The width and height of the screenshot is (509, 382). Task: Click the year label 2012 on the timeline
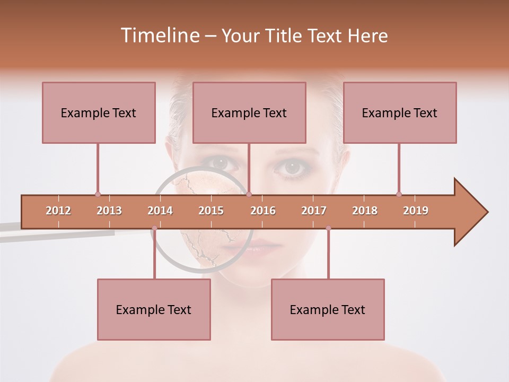click(x=58, y=211)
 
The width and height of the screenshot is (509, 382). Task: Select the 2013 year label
click(x=109, y=211)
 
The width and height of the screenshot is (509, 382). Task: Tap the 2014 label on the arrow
click(x=160, y=211)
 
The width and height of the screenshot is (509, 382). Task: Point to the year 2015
click(x=211, y=211)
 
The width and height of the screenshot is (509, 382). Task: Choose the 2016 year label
click(x=263, y=211)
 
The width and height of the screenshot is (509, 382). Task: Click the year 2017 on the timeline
click(x=314, y=211)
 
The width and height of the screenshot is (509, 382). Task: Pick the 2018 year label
click(x=365, y=211)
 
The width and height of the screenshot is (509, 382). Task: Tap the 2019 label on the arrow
click(x=416, y=211)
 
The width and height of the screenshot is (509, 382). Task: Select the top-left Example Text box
click(x=99, y=112)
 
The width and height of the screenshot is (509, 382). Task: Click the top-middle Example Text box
click(x=249, y=112)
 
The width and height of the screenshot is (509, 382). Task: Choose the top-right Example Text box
click(x=400, y=112)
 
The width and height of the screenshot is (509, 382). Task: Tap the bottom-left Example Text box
click(x=154, y=309)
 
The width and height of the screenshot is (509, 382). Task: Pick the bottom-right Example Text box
click(x=328, y=309)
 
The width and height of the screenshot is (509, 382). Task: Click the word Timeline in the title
click(x=159, y=36)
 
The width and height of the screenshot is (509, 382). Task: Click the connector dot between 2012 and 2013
click(x=98, y=194)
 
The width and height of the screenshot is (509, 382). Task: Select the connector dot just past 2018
click(x=399, y=194)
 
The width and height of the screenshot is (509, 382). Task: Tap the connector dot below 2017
click(x=328, y=228)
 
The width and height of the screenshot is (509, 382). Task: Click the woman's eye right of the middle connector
click(x=292, y=167)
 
